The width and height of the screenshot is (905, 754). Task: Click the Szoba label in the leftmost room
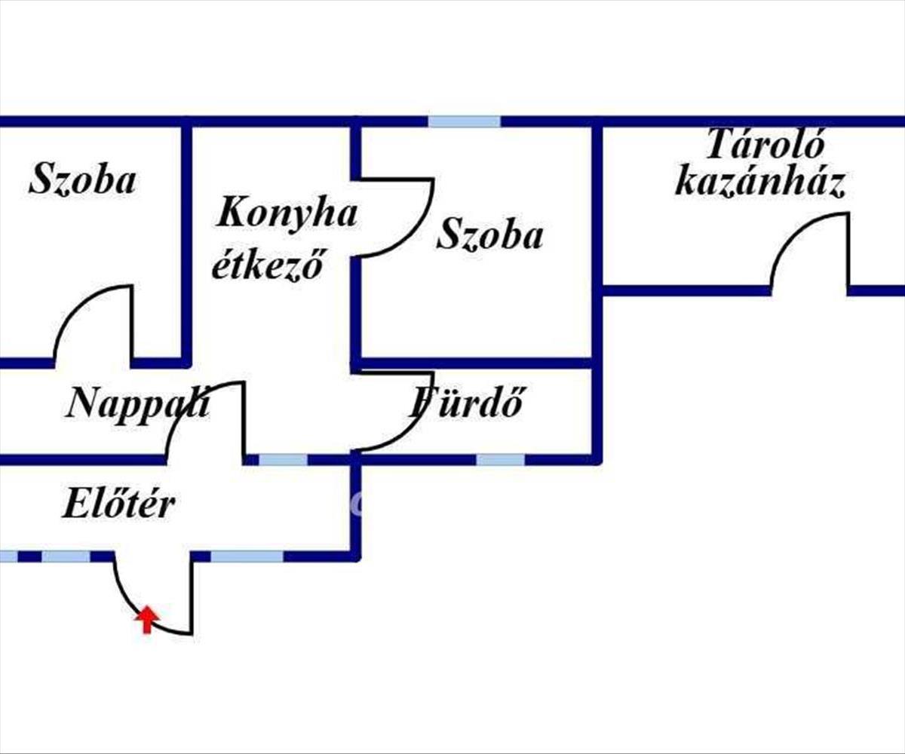[x=82, y=181]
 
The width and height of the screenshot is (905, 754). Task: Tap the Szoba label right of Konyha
[x=489, y=235]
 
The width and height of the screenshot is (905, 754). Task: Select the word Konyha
[x=286, y=213]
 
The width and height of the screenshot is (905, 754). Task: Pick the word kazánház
[x=759, y=183]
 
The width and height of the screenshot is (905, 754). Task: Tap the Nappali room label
[x=137, y=403]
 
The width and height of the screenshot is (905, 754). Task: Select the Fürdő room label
[x=466, y=403]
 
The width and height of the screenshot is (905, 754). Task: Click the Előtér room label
[x=118, y=504]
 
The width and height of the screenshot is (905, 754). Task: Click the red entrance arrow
[x=147, y=619]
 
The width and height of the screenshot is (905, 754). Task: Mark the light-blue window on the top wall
[x=465, y=121]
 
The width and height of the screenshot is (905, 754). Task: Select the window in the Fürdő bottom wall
[x=500, y=459]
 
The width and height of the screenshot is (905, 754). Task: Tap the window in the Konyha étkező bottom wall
[x=283, y=459]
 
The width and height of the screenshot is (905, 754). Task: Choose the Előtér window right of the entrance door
[x=247, y=556]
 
